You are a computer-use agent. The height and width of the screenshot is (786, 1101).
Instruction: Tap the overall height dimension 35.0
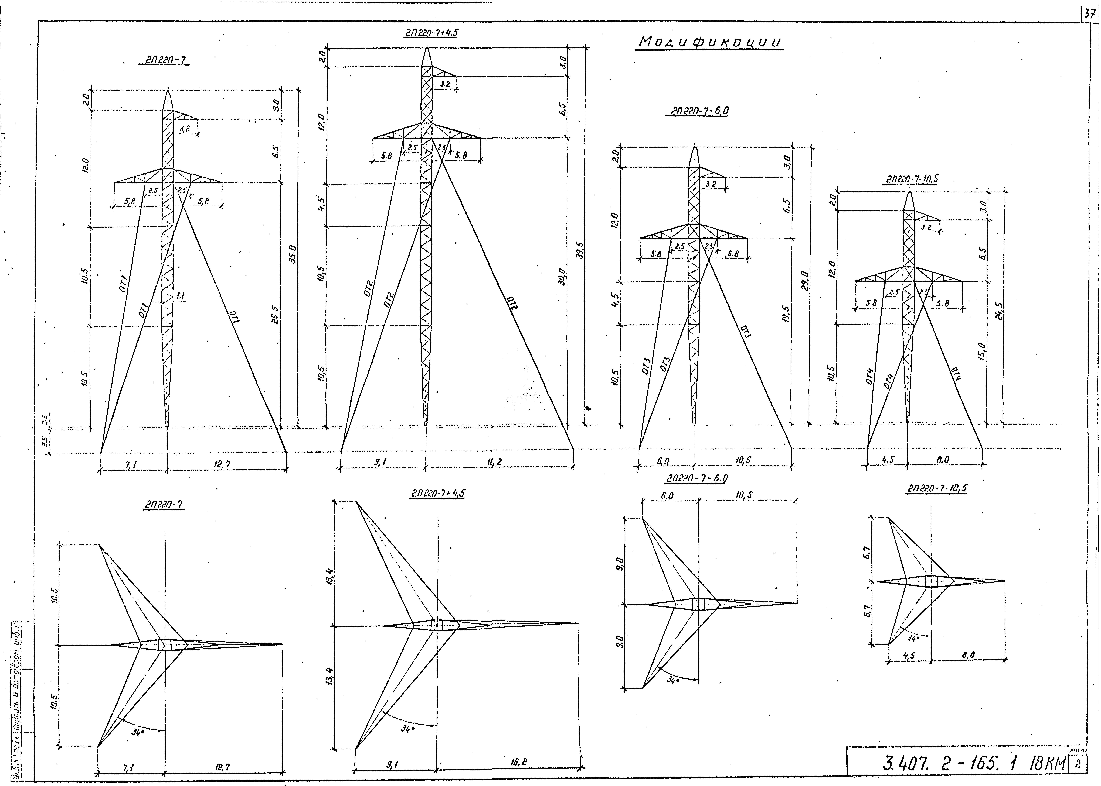[x=292, y=254]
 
